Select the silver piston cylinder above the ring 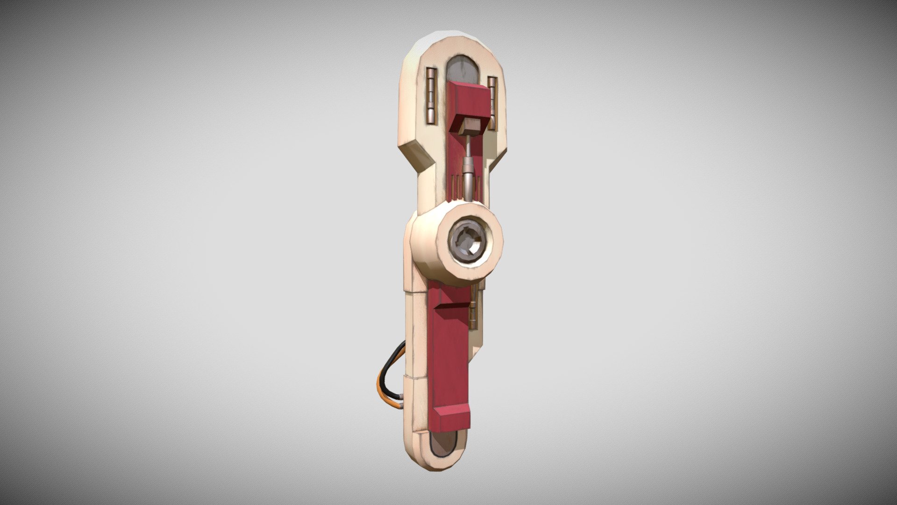click(468, 177)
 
